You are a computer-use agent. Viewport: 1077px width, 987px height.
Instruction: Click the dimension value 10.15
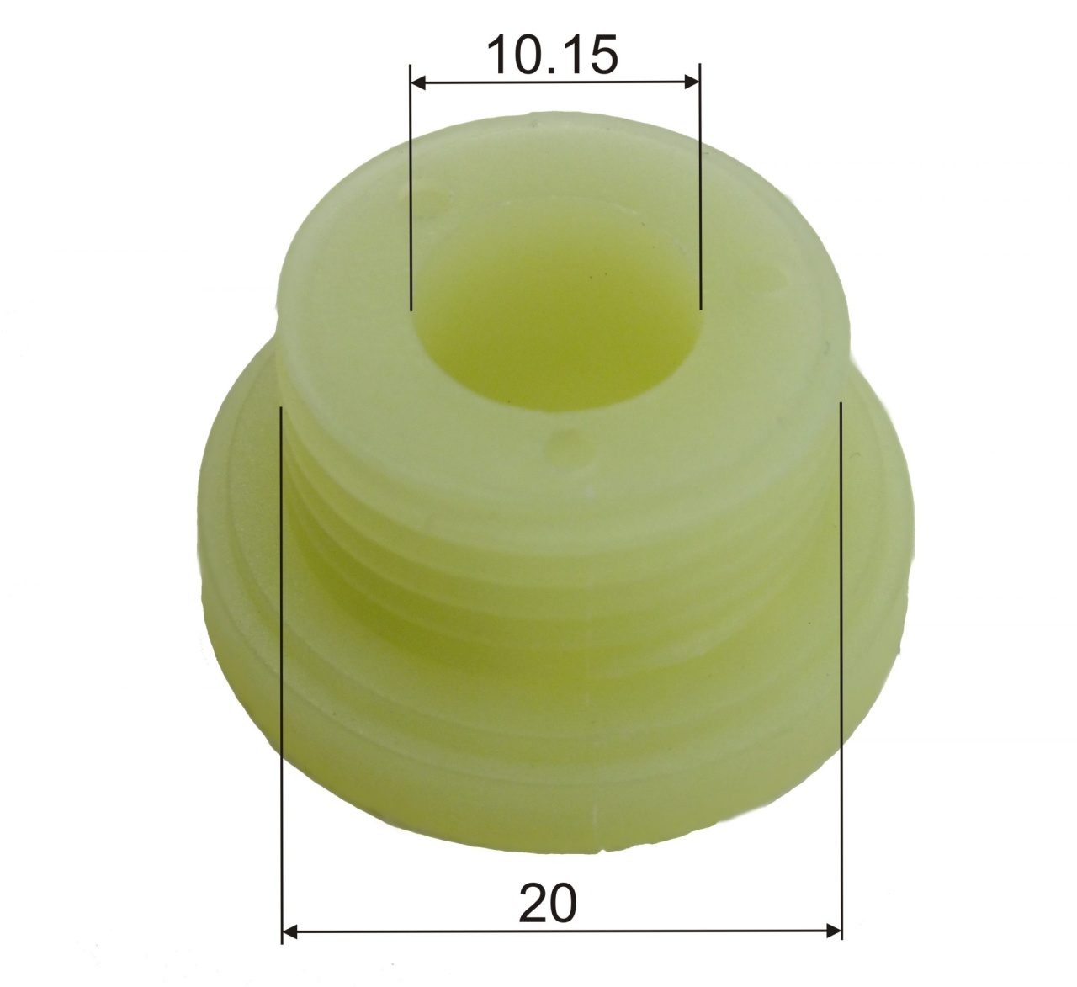point(553,55)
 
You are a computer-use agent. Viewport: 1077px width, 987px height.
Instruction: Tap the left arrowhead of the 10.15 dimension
point(417,82)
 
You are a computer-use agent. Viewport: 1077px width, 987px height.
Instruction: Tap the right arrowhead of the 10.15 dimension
point(692,82)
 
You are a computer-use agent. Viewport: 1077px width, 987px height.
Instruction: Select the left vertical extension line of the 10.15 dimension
point(410,188)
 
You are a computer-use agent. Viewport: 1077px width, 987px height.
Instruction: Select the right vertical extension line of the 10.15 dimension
point(700,186)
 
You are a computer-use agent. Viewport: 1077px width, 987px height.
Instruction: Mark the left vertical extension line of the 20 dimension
point(282,675)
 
